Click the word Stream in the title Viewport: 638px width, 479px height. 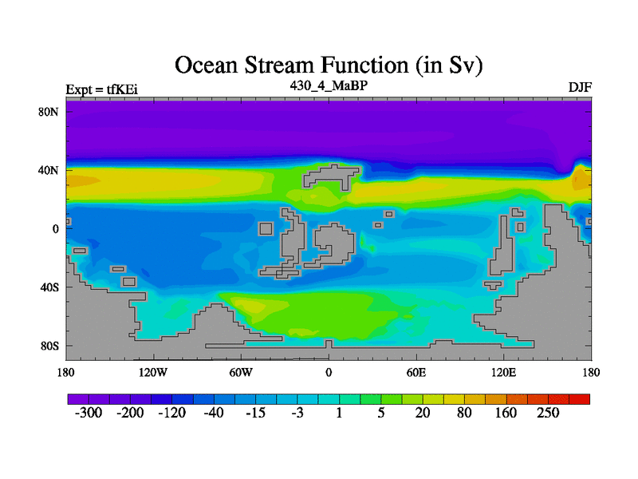(280, 65)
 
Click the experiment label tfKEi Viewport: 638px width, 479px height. (122, 89)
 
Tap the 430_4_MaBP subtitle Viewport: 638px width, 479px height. (329, 85)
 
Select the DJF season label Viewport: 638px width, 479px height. (580, 88)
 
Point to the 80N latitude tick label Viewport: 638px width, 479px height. (49, 112)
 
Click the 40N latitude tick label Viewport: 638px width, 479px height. (49, 170)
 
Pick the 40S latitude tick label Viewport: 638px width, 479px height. (49, 287)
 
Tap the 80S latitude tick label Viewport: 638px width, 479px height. (49, 346)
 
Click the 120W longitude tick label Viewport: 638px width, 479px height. (153, 372)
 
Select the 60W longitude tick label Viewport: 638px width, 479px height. (241, 372)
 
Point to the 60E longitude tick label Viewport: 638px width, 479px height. (416, 372)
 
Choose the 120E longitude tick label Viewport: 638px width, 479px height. (504, 372)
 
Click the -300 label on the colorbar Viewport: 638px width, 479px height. (89, 413)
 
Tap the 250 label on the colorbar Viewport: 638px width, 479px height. (548, 413)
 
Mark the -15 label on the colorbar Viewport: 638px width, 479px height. (255, 413)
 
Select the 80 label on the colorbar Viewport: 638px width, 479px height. (464, 413)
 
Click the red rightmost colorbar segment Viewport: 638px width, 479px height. (580, 399)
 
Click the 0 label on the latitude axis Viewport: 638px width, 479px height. (55, 229)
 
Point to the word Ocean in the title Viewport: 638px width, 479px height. (206, 65)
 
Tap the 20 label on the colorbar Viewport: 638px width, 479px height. (423, 413)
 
